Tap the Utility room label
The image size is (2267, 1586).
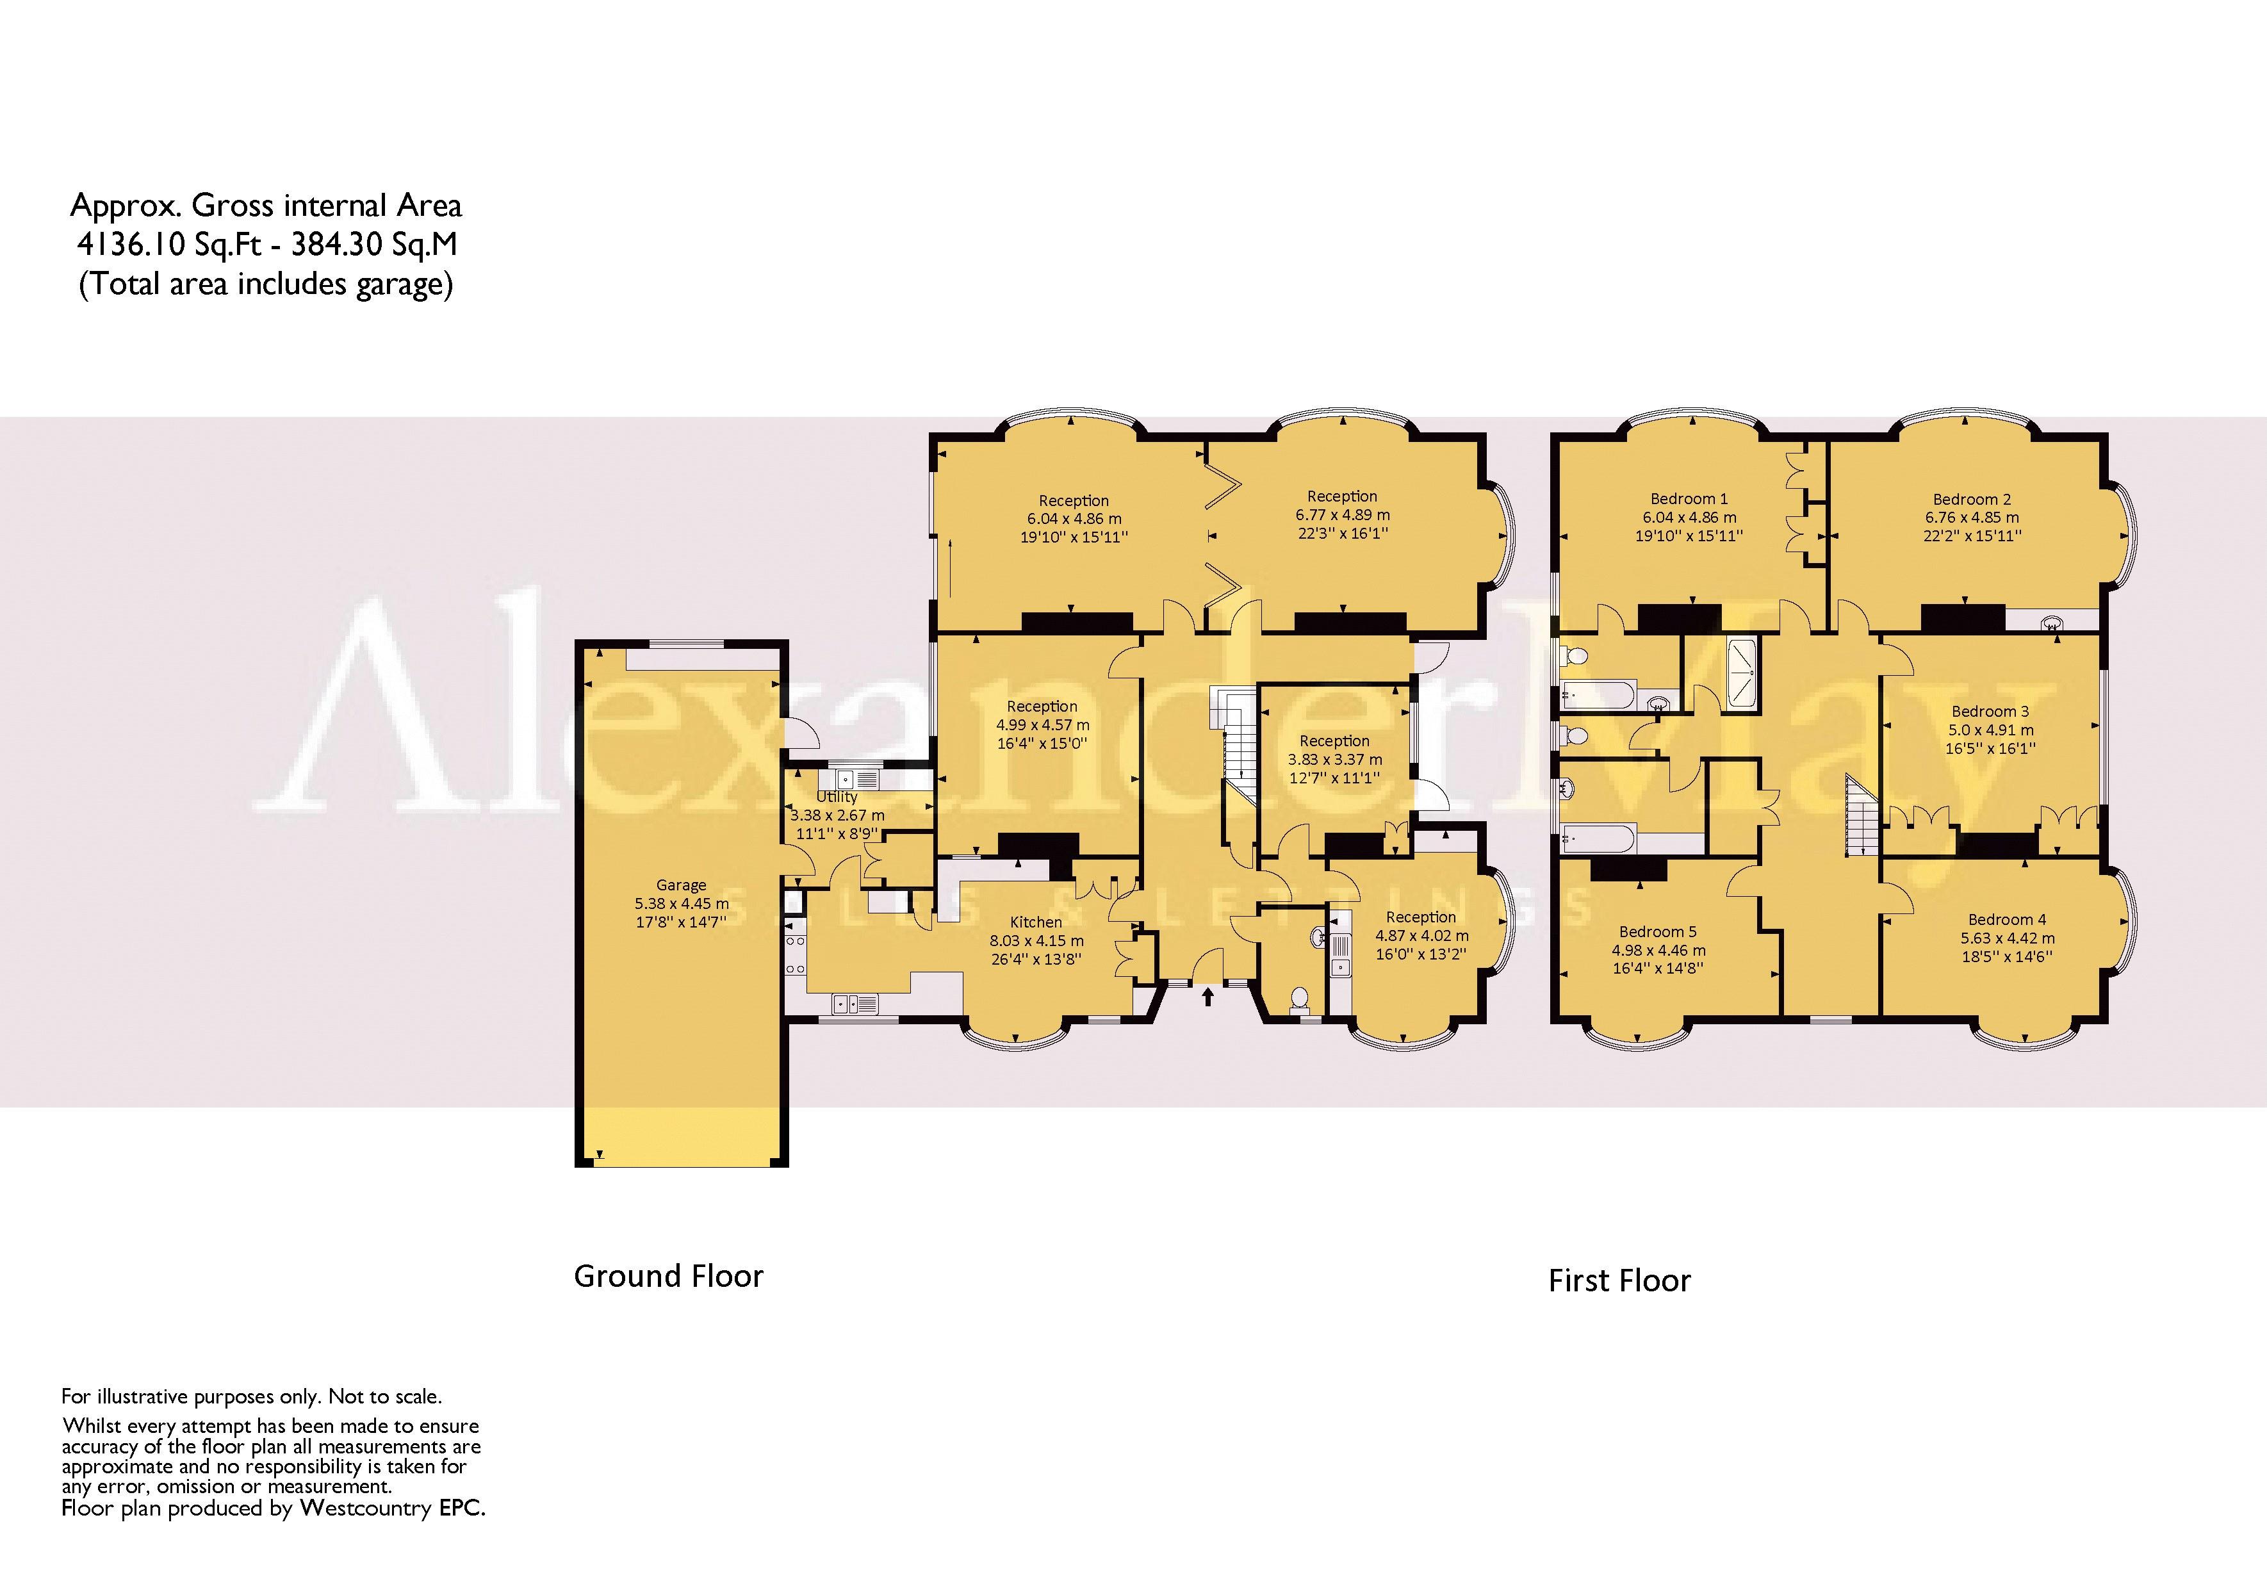(x=837, y=797)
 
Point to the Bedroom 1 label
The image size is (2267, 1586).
(x=1689, y=499)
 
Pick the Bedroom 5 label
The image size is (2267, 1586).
(x=1658, y=931)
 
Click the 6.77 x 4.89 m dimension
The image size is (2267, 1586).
(x=1342, y=514)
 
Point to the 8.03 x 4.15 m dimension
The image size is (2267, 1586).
(x=1036, y=941)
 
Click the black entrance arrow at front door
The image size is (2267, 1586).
(x=1207, y=997)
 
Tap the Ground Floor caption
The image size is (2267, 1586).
(x=669, y=1276)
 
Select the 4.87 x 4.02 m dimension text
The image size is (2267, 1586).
(x=1422, y=935)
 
